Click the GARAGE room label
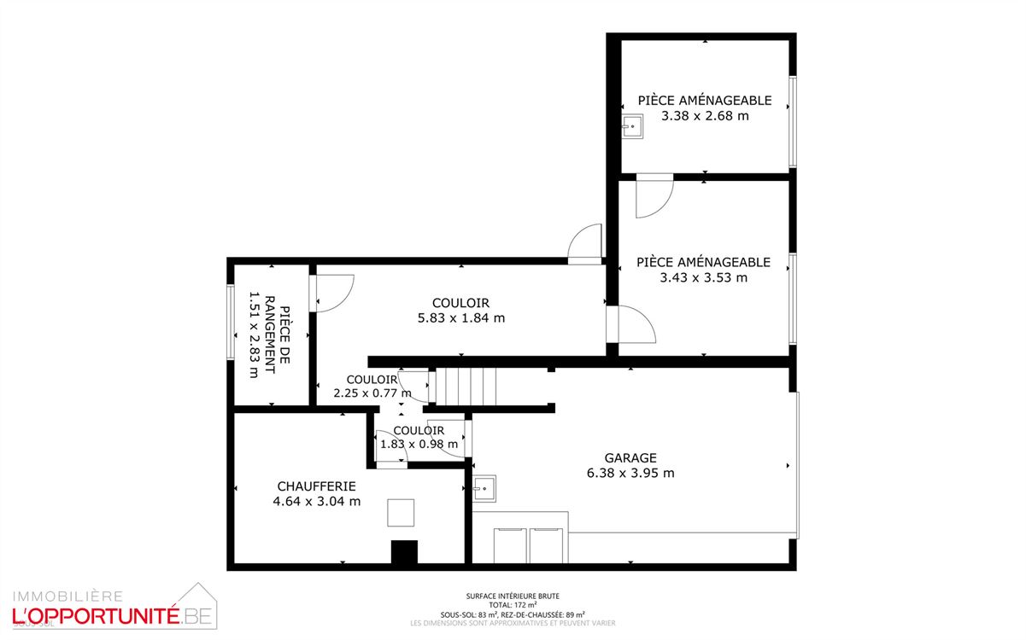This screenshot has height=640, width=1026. pos(630,458)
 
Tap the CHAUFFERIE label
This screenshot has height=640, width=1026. pos(316,486)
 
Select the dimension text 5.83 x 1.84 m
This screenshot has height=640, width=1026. pos(460,318)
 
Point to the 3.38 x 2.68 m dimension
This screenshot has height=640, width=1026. pos(705,116)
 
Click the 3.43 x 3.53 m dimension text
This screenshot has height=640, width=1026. pos(704,277)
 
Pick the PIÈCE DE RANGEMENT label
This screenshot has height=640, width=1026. pos(277,335)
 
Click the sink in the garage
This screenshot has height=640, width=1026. pos(484,489)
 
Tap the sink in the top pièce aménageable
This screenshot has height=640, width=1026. pos(632,126)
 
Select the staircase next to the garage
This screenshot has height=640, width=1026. pos(466,387)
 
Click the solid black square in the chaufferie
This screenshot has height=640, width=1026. pos(404,552)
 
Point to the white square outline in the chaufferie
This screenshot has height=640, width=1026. pos(401,513)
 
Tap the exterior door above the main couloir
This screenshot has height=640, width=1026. pos(585,244)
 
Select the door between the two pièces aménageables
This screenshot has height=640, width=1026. pos(654,195)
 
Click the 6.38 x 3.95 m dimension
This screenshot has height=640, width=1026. pos(630,473)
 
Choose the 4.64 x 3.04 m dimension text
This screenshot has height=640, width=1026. pos(316,502)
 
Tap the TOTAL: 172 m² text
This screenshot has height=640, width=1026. pos(513,605)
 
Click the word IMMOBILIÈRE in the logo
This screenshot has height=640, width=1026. pos(67,596)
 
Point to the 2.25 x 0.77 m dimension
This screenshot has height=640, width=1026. pos(372,393)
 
